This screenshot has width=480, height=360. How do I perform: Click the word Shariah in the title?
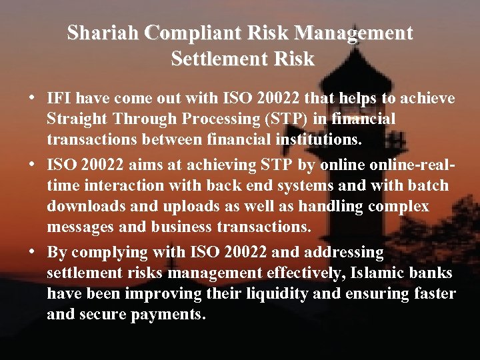coord(104,33)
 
